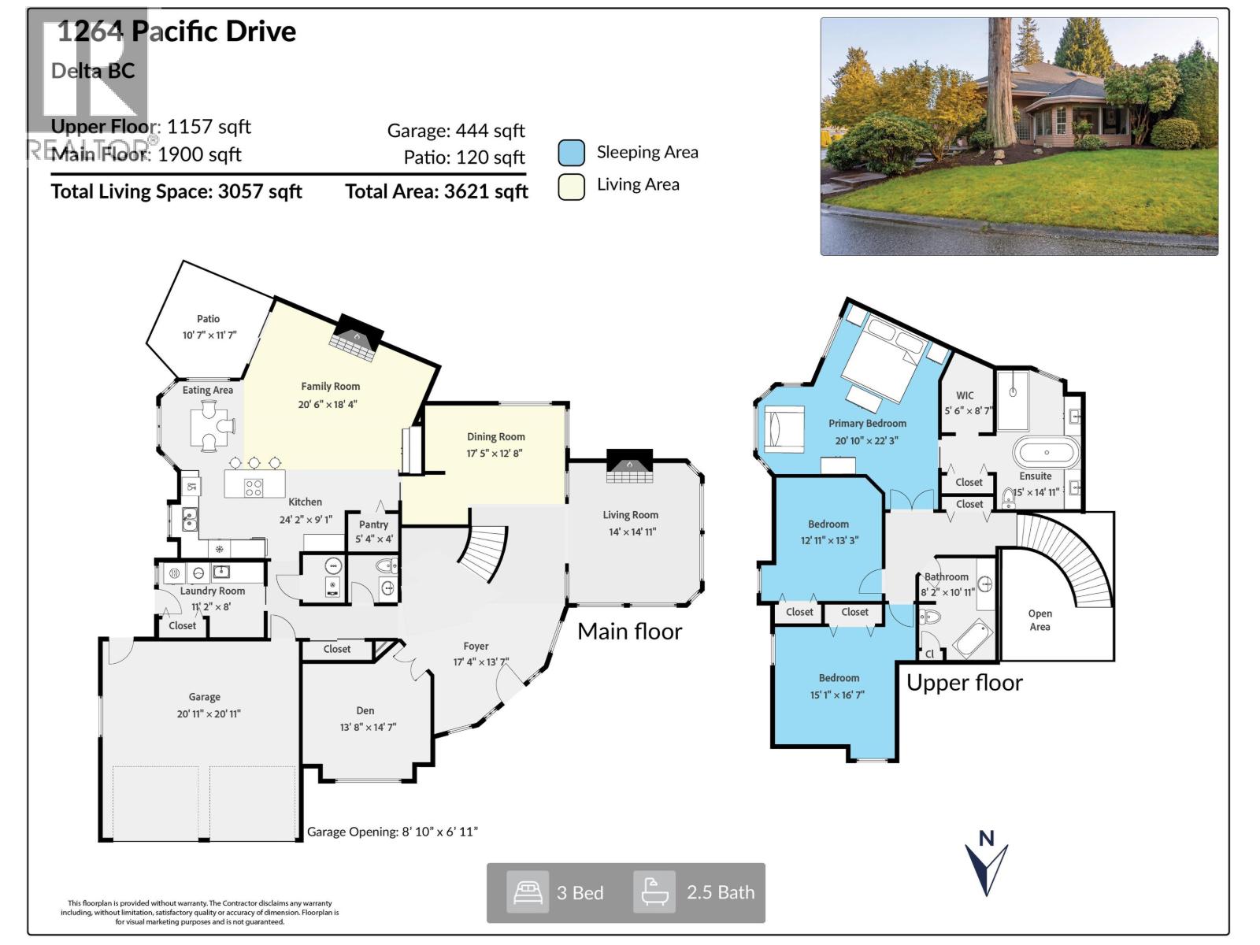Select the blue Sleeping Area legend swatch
pyautogui.click(x=571, y=153)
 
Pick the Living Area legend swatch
pyautogui.click(x=571, y=186)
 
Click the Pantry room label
pyautogui.click(x=373, y=524)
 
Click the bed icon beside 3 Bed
pyautogui.click(x=527, y=892)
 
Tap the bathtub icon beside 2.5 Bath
pyautogui.click(x=654, y=892)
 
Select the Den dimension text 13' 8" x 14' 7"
pyautogui.click(x=368, y=727)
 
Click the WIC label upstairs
pyautogui.click(x=965, y=395)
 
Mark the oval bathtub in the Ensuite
pyautogui.click(x=1046, y=453)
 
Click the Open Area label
pyautogui.click(x=1039, y=620)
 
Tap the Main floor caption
pyautogui.click(x=629, y=632)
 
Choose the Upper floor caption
pyautogui.click(x=964, y=683)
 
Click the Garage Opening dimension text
pyautogui.click(x=392, y=832)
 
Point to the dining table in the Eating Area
pyautogui.click(x=209, y=426)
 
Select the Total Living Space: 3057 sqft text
pyautogui.click(x=176, y=191)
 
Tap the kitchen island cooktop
pyautogui.click(x=253, y=487)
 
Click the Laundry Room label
pyautogui.click(x=212, y=591)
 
